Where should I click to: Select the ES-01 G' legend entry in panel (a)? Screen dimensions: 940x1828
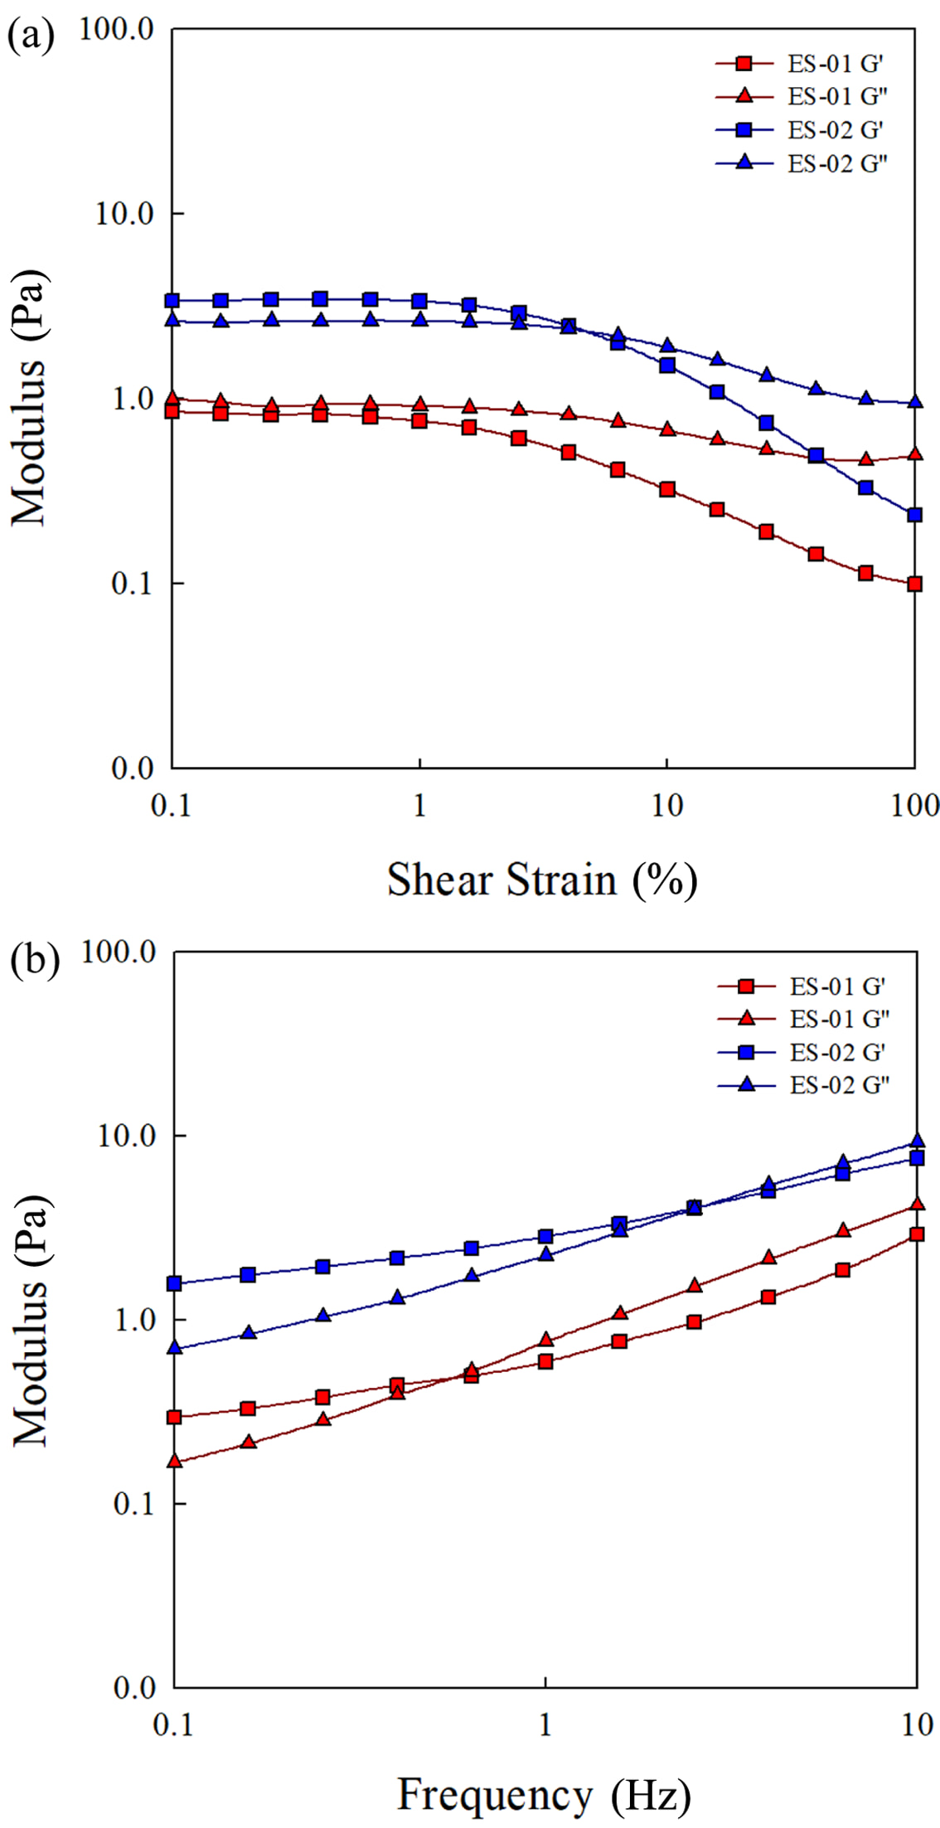click(801, 64)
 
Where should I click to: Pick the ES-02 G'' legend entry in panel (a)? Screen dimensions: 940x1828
click(802, 163)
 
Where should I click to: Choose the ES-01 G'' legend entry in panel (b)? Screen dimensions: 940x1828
click(803, 1018)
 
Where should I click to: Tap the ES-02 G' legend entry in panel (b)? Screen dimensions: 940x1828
click(802, 1052)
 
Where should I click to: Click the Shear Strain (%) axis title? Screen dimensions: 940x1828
click(542, 880)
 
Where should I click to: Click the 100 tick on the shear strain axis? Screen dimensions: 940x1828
click(914, 805)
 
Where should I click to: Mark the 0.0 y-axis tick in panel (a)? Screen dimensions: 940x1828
click(133, 769)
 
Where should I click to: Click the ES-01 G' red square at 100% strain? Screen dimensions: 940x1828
click(914, 584)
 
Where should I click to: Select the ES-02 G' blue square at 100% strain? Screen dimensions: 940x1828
click(914, 515)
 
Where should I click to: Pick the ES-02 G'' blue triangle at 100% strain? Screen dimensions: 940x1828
click(915, 402)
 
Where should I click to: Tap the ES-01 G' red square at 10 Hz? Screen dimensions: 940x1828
click(916, 1234)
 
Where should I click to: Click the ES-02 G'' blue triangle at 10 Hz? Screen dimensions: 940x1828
click(916, 1141)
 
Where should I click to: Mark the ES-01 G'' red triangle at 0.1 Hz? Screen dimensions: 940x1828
click(174, 1460)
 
